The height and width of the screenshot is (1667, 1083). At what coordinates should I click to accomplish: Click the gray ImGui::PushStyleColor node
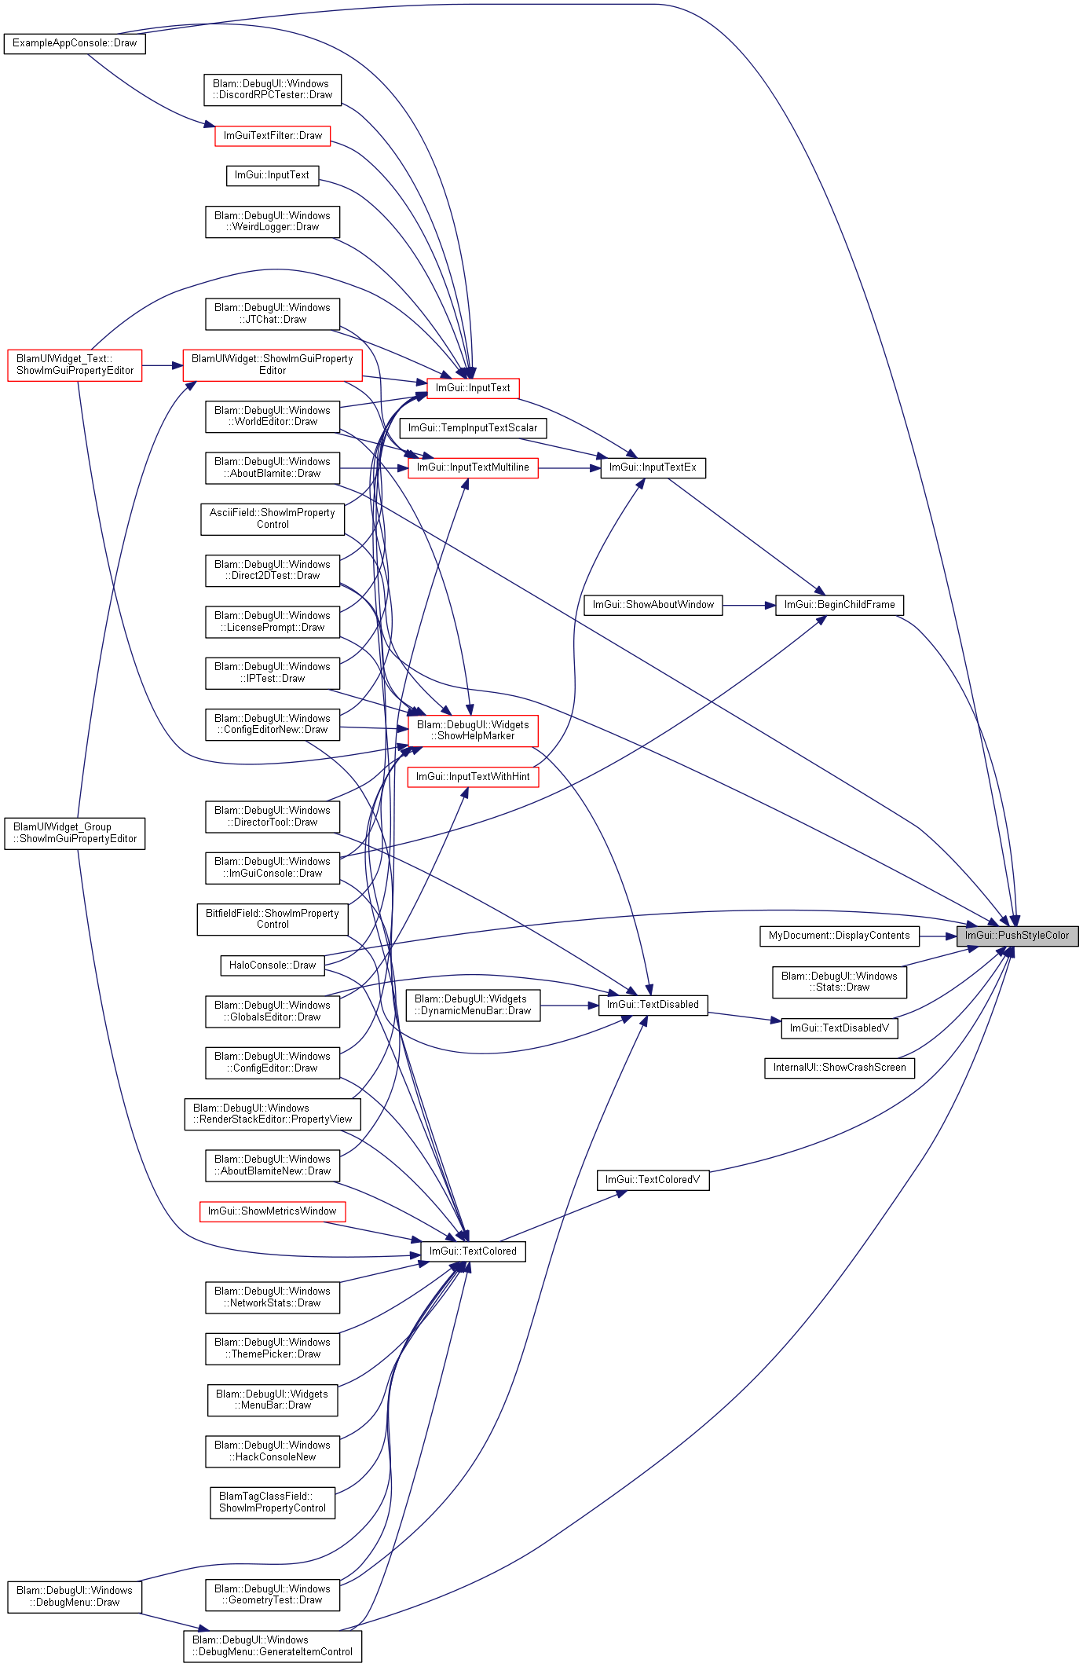pyautogui.click(x=1016, y=936)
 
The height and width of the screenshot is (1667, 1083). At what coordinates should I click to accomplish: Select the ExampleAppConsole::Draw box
pyautogui.click(x=75, y=43)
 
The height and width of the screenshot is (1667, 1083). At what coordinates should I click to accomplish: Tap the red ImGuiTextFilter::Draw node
pyautogui.click(x=273, y=136)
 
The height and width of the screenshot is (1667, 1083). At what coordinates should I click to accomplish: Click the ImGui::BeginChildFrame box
pyautogui.click(x=840, y=605)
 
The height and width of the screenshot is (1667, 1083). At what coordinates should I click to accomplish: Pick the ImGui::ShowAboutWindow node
pyautogui.click(x=653, y=605)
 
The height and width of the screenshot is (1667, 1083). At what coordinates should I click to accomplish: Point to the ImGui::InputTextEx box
pyautogui.click(x=653, y=467)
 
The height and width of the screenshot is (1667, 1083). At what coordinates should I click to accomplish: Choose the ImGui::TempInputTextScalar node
pyautogui.click(x=473, y=428)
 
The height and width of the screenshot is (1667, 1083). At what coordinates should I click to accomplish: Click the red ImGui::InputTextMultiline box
pyautogui.click(x=473, y=467)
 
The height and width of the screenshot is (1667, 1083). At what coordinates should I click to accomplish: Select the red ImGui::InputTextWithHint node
pyautogui.click(x=473, y=777)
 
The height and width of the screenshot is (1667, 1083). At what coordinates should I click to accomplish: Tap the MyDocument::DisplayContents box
pyautogui.click(x=839, y=936)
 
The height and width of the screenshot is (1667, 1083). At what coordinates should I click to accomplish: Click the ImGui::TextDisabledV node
pyautogui.click(x=839, y=1028)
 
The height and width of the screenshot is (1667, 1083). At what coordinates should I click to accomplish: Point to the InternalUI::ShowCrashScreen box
pyautogui.click(x=839, y=1068)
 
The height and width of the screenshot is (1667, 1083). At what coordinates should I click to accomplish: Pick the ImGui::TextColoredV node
pyautogui.click(x=653, y=1180)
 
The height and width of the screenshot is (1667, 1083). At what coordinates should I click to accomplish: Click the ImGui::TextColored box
pyautogui.click(x=473, y=1251)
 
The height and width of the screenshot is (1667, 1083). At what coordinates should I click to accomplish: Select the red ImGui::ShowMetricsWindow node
pyautogui.click(x=273, y=1211)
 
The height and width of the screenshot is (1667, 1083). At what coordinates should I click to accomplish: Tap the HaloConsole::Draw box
pyautogui.click(x=273, y=965)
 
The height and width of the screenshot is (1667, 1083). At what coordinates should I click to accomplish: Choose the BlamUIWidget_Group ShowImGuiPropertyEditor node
pyautogui.click(x=75, y=833)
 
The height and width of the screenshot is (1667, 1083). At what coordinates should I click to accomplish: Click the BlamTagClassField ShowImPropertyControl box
pyautogui.click(x=273, y=1502)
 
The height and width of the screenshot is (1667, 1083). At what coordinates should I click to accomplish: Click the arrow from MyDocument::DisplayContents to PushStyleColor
pyautogui.click(x=937, y=936)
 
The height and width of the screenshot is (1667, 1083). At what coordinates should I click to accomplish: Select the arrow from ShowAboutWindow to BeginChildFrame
pyautogui.click(x=748, y=605)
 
